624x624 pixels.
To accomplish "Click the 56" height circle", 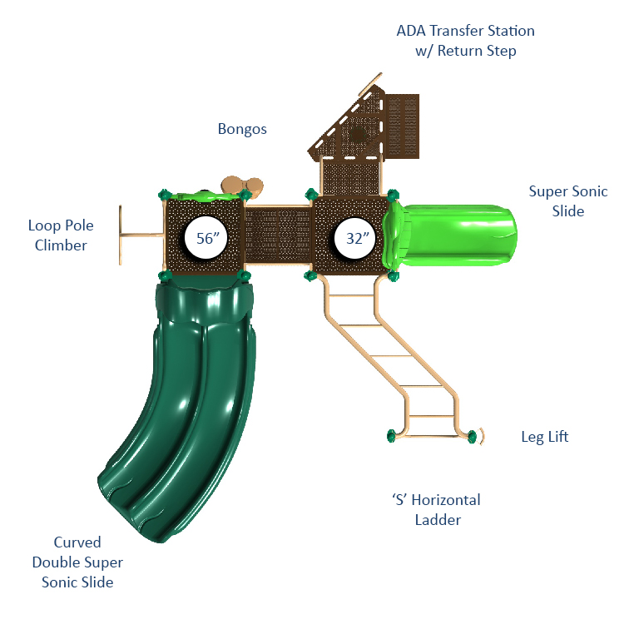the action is (206, 238).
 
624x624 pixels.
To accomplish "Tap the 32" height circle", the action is (355, 238).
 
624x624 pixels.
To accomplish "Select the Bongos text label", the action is (242, 129).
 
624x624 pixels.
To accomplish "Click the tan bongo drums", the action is (242, 186).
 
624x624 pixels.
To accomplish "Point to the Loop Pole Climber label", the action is (61, 235).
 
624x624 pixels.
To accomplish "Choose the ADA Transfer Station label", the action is (465, 41).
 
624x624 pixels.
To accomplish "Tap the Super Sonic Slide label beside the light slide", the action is (568, 201).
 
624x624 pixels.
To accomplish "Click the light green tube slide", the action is (449, 235).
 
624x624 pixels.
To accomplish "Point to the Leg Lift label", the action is (545, 437).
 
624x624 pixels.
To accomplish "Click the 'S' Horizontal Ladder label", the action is (437, 510).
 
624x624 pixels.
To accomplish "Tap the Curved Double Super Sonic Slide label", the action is (77, 562).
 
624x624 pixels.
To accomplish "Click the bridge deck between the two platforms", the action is (278, 235).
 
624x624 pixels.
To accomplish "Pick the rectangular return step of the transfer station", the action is (402, 126).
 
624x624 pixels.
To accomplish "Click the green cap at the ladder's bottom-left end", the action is (391, 435).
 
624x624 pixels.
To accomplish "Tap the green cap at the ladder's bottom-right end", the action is (472, 436).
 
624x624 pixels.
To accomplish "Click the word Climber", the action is (61, 245).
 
